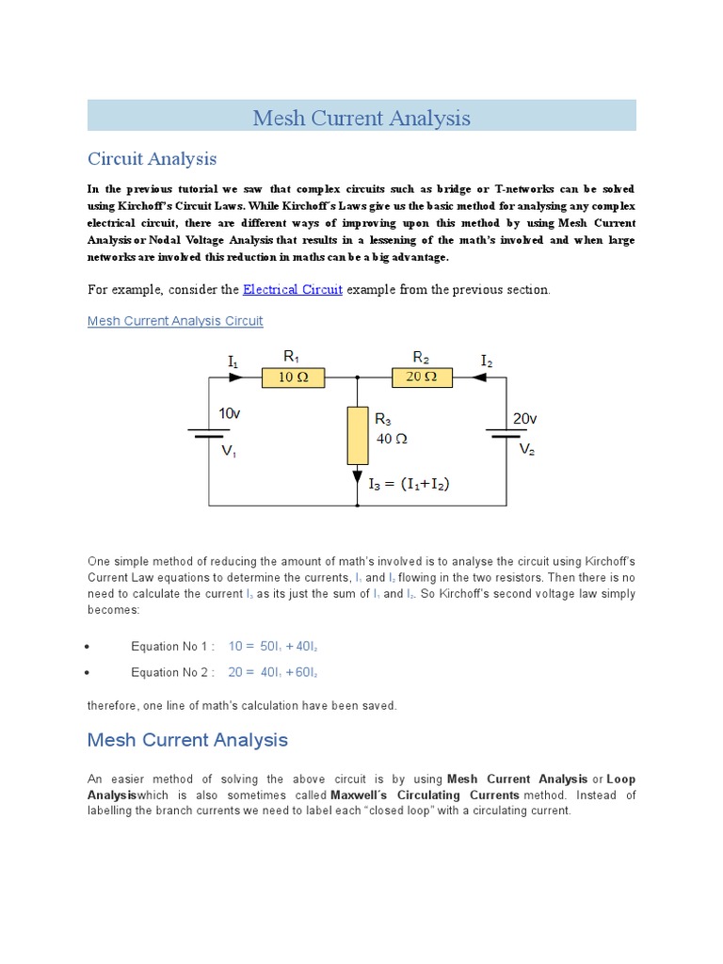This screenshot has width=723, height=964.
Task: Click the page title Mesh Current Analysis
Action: tap(361, 119)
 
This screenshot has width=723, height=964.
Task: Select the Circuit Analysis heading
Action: tap(152, 158)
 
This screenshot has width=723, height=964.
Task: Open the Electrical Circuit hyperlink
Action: tap(293, 289)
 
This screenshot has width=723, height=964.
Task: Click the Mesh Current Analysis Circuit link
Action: tap(175, 321)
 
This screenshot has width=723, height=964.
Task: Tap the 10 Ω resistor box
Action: tap(293, 378)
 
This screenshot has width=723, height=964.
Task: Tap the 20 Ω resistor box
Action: tap(422, 378)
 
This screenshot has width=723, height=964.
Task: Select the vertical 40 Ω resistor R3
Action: tap(358, 435)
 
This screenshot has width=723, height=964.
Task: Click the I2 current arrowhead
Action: tap(480, 377)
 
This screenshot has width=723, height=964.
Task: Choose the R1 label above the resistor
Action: tap(292, 357)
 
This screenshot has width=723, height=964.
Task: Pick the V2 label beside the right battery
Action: tap(528, 450)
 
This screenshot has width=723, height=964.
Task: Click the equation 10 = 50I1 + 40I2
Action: tap(280, 646)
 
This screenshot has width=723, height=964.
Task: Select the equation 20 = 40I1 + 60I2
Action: tap(280, 672)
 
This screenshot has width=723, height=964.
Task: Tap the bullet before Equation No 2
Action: tap(88, 673)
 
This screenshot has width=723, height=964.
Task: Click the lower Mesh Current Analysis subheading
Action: tap(187, 739)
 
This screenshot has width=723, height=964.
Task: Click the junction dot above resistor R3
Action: tap(358, 377)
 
